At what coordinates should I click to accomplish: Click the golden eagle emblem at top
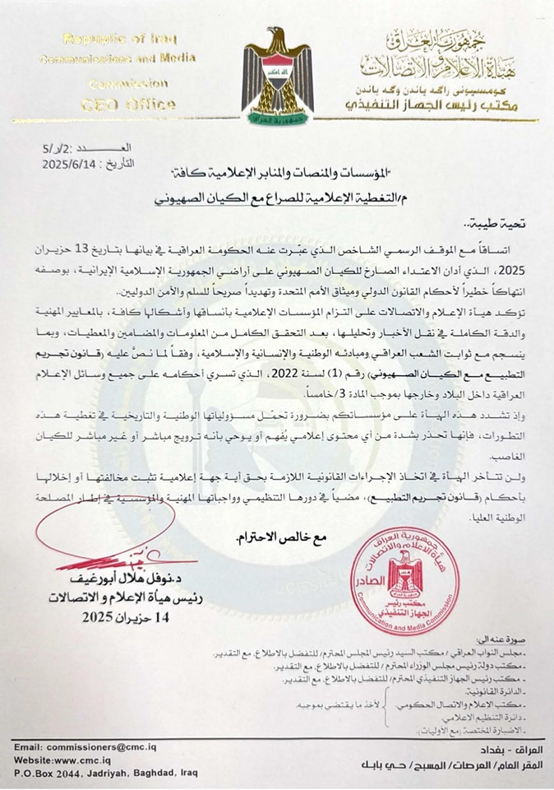[277, 76]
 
